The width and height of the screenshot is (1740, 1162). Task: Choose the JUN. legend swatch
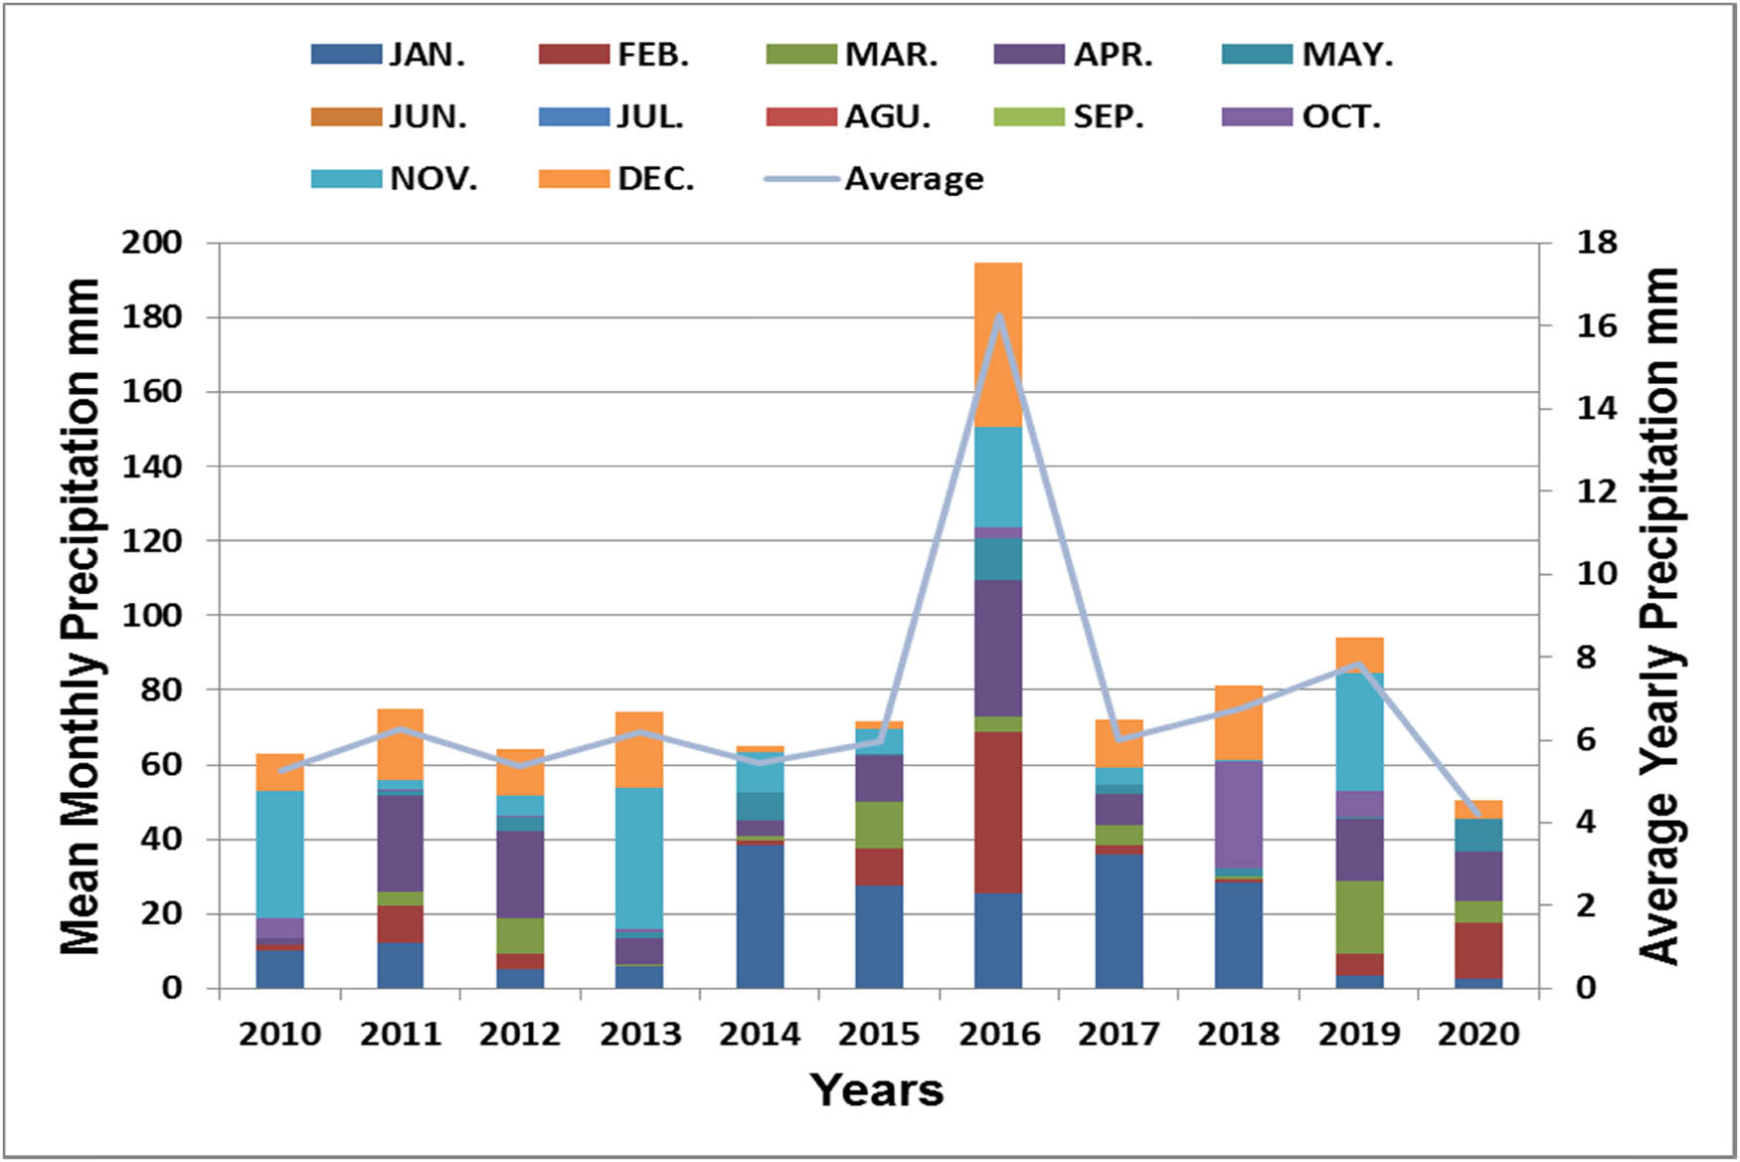[345, 117]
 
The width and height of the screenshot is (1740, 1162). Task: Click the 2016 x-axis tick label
[999, 1035]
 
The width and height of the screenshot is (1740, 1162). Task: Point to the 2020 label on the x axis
[1479, 1035]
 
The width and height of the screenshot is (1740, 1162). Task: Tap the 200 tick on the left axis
[152, 243]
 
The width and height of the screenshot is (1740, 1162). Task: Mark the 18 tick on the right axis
[1597, 243]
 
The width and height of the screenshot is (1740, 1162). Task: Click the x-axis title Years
[876, 1090]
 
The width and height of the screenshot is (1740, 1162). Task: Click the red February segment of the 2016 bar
[998, 812]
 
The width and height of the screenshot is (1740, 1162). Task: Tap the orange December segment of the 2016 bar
[998, 344]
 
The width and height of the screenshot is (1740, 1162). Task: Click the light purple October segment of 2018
[1239, 814]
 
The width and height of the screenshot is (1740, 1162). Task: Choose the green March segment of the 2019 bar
[1359, 916]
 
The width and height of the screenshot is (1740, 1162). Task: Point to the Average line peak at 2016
[998, 315]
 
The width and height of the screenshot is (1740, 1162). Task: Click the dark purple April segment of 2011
[400, 843]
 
